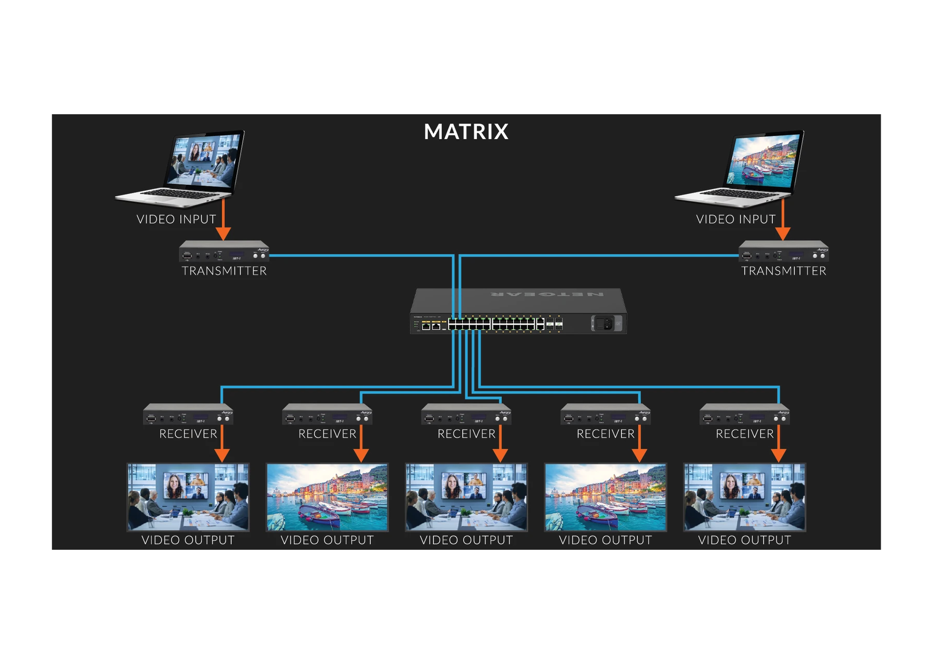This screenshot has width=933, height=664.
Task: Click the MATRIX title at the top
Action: (466, 132)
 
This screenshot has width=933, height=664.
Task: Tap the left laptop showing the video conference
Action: (187, 166)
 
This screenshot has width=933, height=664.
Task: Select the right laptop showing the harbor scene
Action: (746, 166)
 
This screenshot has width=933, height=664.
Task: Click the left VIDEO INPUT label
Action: (176, 219)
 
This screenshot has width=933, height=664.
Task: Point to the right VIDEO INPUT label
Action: (736, 219)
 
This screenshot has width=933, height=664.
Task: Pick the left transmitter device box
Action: (224, 252)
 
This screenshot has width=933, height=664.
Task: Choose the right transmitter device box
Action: (783, 252)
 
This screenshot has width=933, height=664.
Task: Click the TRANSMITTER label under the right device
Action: (783, 271)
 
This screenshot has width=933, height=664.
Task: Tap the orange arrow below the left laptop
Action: (223, 220)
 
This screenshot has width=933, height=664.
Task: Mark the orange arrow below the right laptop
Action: (783, 220)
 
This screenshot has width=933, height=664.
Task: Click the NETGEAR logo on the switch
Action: (547, 295)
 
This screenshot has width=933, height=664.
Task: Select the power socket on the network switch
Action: (603, 324)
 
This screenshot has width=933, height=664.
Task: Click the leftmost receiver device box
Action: (188, 415)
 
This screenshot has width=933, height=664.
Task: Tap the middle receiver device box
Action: (466, 415)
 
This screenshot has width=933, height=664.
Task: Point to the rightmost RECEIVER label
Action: (744, 434)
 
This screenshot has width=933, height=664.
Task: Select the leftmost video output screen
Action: (188, 497)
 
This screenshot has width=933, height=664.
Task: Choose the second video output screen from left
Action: (327, 497)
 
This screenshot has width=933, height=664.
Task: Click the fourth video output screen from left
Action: (605, 497)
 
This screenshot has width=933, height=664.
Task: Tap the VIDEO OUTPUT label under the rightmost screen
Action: (744, 540)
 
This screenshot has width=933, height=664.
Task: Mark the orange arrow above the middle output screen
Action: (500, 445)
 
